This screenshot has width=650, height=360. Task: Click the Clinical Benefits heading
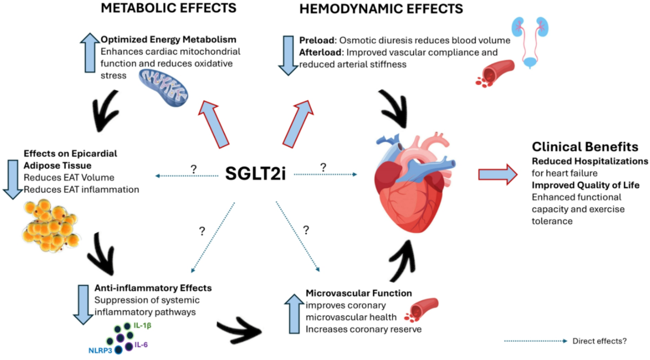point(584,147)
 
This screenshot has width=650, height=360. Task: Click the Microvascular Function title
point(359,293)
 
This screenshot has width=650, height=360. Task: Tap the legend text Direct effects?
point(599,342)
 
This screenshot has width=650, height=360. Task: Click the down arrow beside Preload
point(287,55)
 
